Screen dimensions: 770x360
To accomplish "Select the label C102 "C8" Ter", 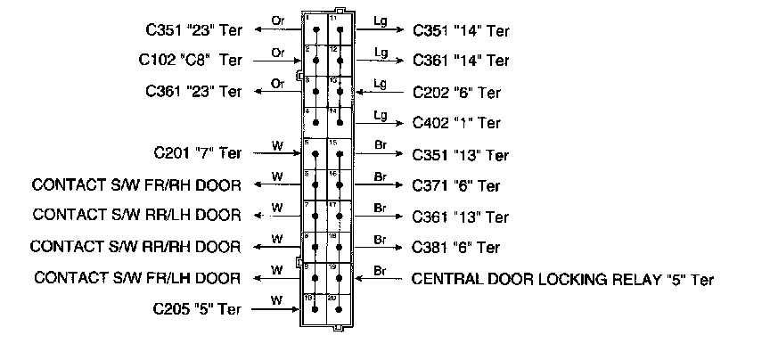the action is [x=190, y=60].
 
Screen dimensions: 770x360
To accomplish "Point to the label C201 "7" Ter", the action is [x=197, y=153].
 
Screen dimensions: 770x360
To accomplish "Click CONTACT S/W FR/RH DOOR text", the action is [x=136, y=185].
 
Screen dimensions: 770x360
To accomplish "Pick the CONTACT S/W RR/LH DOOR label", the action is [x=136, y=215].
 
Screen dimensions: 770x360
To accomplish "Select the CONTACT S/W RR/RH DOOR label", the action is [x=136, y=246].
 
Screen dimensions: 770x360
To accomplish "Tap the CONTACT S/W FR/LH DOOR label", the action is [x=137, y=278].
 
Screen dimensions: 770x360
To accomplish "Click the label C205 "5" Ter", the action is [x=197, y=309].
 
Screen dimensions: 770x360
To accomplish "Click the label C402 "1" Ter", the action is [x=455, y=123].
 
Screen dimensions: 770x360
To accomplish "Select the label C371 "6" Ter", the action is [x=456, y=186].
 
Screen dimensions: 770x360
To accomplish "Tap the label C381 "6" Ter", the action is [x=456, y=247].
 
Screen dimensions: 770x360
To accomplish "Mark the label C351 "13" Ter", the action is [x=460, y=155].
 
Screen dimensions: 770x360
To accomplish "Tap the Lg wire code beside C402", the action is [x=381, y=115].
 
